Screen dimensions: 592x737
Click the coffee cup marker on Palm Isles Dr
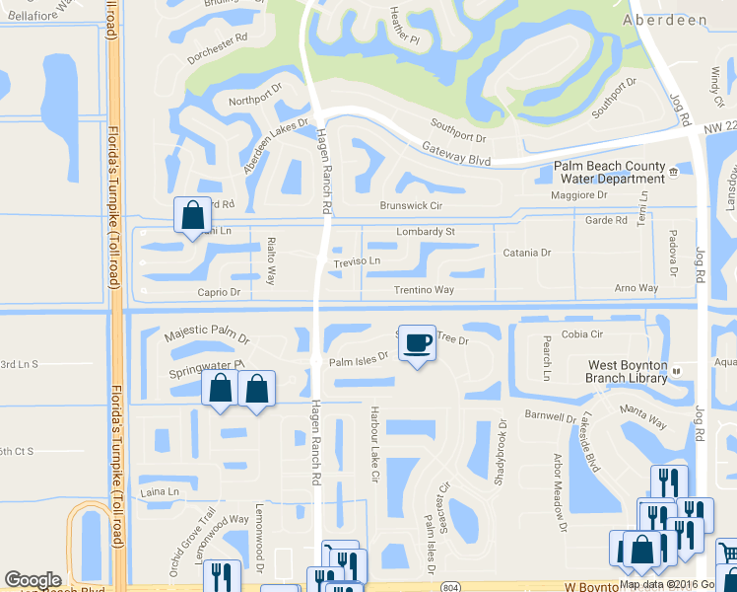(x=417, y=343)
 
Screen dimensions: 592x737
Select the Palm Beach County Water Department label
(x=609, y=172)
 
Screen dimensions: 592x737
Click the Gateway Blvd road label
(x=456, y=152)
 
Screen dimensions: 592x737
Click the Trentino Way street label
(x=424, y=290)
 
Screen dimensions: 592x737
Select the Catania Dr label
(x=527, y=253)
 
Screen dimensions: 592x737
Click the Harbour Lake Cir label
(x=373, y=442)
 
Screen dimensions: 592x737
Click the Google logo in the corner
(x=33, y=580)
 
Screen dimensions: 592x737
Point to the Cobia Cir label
(x=581, y=334)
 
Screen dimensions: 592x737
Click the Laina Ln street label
(x=161, y=491)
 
